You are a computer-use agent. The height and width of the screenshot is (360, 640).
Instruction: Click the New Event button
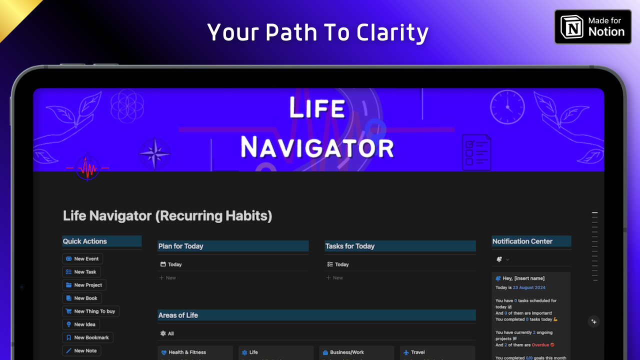pyautogui.click(x=82, y=258)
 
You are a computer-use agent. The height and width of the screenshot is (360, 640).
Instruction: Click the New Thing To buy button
pyautogui.click(x=90, y=311)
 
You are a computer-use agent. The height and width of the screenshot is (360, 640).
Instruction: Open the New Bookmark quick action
pyautogui.click(x=87, y=337)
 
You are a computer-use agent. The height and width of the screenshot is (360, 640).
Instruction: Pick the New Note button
pyautogui.click(x=81, y=350)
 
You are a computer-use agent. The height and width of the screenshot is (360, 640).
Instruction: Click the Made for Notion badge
pyautogui.click(x=592, y=27)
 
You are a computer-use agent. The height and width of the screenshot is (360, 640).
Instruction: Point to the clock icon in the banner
pyautogui.click(x=507, y=107)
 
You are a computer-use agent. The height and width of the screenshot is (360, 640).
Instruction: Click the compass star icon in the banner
pyautogui.click(x=154, y=153)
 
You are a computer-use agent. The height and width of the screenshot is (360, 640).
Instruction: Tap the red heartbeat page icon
pyautogui.click(x=88, y=168)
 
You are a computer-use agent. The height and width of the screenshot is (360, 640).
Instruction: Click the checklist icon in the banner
pyautogui.click(x=476, y=152)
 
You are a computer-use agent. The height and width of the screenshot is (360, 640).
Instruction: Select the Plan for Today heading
pyautogui.click(x=181, y=246)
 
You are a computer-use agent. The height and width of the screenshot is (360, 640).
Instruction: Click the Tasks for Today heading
pyautogui.click(x=350, y=246)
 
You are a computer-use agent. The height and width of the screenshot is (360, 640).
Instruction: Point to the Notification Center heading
pyautogui.click(x=522, y=241)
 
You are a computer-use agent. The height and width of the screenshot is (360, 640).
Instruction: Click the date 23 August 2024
pyautogui.click(x=529, y=287)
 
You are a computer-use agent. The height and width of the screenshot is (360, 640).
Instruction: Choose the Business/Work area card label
pyautogui.click(x=347, y=352)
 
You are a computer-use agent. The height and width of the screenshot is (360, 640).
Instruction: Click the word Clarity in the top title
pyautogui.click(x=392, y=33)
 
